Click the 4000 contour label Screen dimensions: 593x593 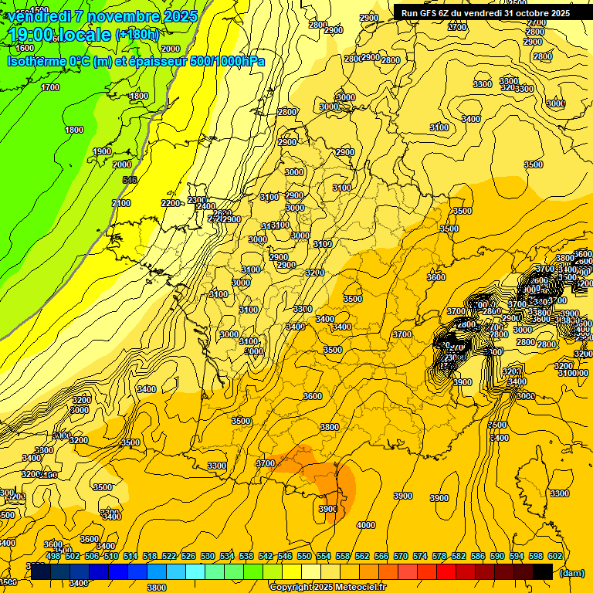(365, 525)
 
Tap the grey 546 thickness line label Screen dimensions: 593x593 (130, 180)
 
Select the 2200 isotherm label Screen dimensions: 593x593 (171, 203)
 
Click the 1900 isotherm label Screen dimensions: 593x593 (102, 151)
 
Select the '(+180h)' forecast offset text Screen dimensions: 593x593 (137, 35)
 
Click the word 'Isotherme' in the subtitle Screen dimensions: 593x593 (36, 61)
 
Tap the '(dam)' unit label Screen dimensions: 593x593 (571, 572)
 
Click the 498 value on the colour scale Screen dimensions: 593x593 (53, 556)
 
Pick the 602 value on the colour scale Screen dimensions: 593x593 (554, 556)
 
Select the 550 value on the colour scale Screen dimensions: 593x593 (304, 556)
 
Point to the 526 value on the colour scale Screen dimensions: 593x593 (188, 556)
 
